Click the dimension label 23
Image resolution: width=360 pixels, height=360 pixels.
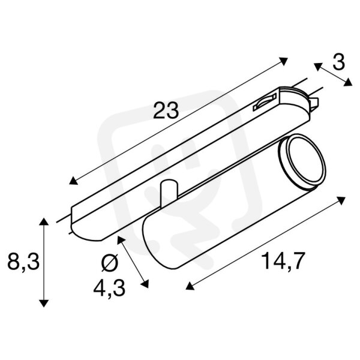[166, 110]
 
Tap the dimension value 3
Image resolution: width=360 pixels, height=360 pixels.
[338, 62]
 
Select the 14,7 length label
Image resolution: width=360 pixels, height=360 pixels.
[280, 261]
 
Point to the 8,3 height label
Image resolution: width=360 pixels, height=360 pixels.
[23, 262]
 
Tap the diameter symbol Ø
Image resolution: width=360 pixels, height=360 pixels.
[110, 263]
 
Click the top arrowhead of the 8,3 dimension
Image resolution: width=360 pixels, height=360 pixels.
[44, 222]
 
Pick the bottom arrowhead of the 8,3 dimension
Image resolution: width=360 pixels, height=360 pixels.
[44, 303]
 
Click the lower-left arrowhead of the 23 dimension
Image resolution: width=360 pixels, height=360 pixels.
[73, 181]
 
